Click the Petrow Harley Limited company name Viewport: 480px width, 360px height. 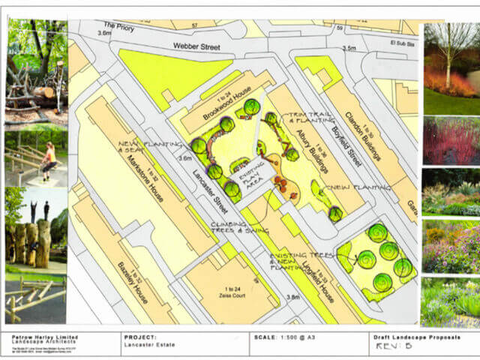pos(38,337)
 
